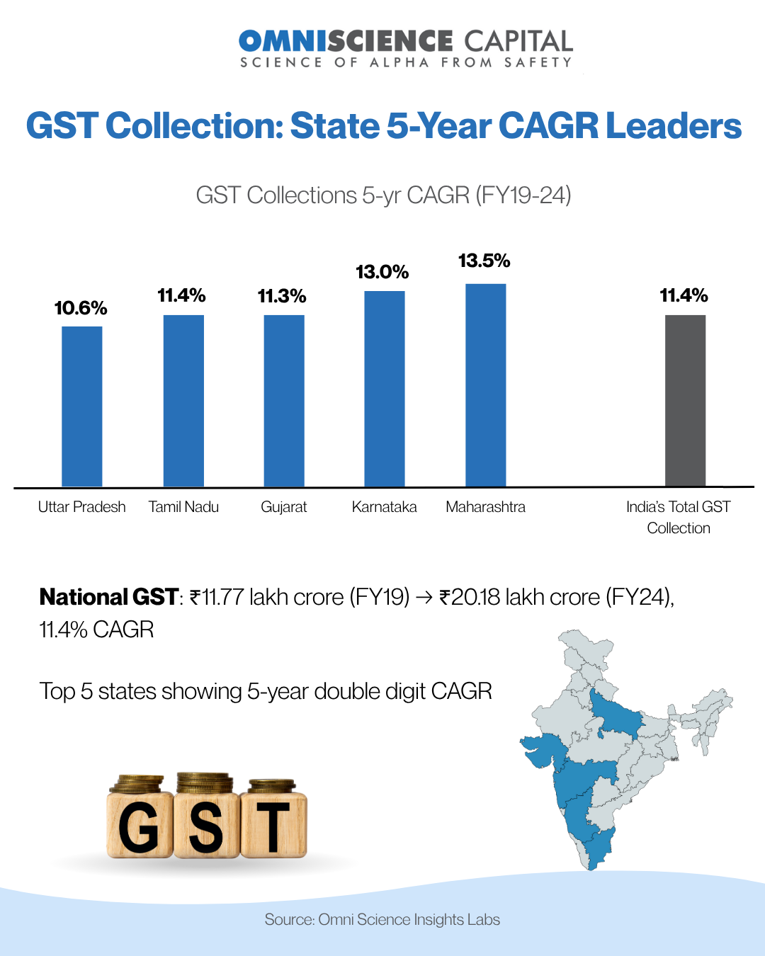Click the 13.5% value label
[x=484, y=261]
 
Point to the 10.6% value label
[x=81, y=308]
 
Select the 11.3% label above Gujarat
[x=282, y=296]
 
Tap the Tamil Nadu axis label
[x=183, y=507]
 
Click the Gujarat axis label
[x=283, y=507]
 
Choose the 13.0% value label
[x=382, y=272]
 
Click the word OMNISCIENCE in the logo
[x=346, y=41]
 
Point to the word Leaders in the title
[x=674, y=126]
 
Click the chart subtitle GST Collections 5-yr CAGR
[x=383, y=195]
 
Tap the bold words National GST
[x=108, y=597]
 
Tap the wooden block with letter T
[x=273, y=825]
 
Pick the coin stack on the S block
[x=205, y=783]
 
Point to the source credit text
[x=382, y=919]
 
